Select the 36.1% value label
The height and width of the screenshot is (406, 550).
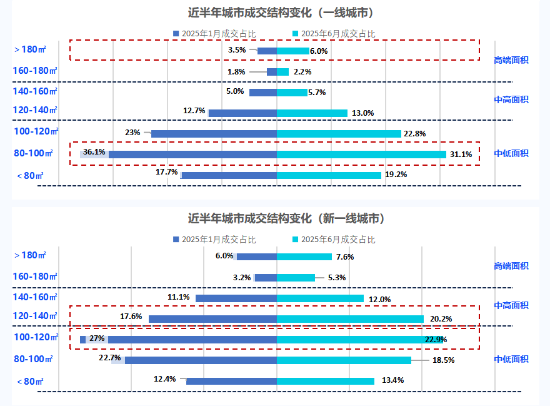pyautogui.click(x=94, y=152)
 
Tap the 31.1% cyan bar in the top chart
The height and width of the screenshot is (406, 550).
pyautogui.click(x=361, y=154)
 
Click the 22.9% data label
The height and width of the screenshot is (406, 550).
pyautogui.click(x=436, y=340)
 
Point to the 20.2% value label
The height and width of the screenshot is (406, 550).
pyautogui.click(x=441, y=319)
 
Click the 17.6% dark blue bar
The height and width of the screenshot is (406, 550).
pyautogui.click(x=212, y=319)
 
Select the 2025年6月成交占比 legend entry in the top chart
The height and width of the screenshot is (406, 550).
pyautogui.click(x=334, y=33)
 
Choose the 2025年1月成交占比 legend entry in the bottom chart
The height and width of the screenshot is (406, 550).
pyautogui.click(x=214, y=239)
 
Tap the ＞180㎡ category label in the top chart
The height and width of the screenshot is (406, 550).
pyautogui.click(x=29, y=49)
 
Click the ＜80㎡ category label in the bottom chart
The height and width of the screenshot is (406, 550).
pyautogui.click(x=29, y=381)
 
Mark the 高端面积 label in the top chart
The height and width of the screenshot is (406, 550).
pyautogui.click(x=511, y=60)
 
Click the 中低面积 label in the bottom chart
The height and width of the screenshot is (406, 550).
pyautogui.click(x=511, y=359)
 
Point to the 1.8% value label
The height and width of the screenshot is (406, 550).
pyautogui.click(x=236, y=72)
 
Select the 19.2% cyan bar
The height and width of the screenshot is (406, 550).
pyautogui.click(x=329, y=175)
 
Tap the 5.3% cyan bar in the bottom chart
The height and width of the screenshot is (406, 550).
pyautogui.click(x=296, y=278)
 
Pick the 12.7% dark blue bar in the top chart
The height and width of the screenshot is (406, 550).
pyautogui.click(x=242, y=113)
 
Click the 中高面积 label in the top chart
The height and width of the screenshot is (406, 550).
pyautogui.click(x=511, y=99)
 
